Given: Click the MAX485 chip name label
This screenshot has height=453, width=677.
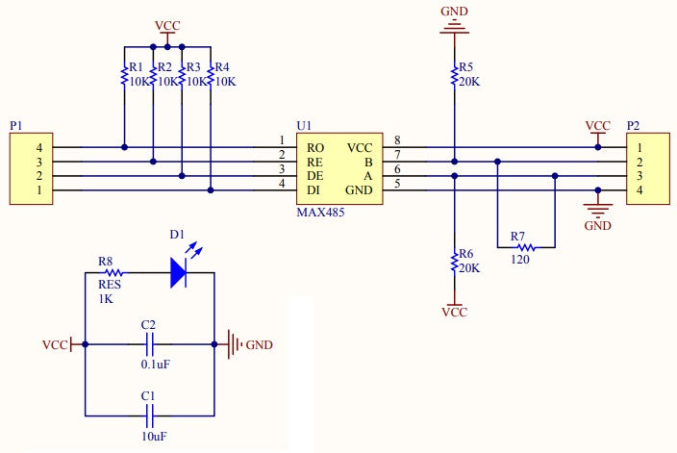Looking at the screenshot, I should [320, 212].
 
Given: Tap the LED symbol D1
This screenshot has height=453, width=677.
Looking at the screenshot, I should [180, 271].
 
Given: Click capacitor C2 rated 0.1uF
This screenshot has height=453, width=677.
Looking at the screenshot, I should [150, 343].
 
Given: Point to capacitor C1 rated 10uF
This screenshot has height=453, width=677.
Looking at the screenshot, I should [150, 415].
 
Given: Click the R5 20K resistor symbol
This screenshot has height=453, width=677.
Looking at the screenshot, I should [454, 75].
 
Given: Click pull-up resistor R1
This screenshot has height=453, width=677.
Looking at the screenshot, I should [124, 76].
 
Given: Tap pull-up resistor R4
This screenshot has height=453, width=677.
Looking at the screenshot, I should [211, 76].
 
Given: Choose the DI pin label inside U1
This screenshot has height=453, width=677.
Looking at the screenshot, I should [313, 191].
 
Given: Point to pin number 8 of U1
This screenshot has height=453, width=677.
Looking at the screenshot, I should [396, 141].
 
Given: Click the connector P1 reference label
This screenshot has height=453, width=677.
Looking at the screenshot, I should [15, 126].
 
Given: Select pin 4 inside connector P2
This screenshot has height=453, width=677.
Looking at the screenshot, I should [638, 191].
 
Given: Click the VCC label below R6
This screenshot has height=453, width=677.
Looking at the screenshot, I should [454, 312].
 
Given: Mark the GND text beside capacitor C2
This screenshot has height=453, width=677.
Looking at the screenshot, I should [259, 344].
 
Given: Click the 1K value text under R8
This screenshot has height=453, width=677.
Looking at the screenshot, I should [106, 298].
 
